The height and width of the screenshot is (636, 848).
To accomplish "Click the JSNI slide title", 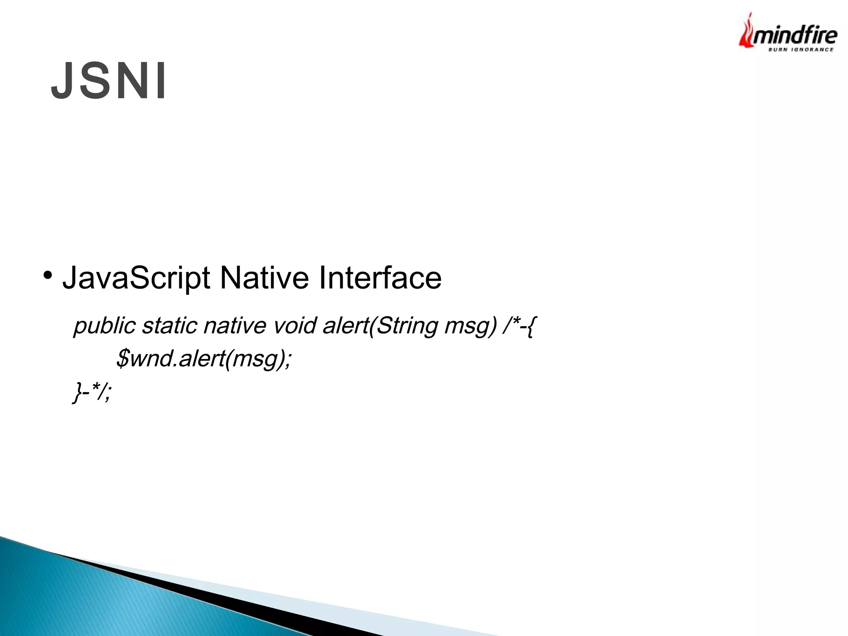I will pos(108,81).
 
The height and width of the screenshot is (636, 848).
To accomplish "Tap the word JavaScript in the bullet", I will pos(136,278).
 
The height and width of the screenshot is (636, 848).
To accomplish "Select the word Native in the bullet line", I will pos(264,278).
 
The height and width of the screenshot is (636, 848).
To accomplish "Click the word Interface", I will pos(380,278).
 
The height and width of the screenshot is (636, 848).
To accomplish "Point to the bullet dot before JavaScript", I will pos(48,275).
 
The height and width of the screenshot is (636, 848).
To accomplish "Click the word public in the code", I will pos(105,326).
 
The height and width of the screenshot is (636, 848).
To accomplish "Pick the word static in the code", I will pos(169,326).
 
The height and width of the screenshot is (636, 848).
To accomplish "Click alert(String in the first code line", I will pos(381,326).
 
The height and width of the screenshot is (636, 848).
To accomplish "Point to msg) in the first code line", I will pos(470,326).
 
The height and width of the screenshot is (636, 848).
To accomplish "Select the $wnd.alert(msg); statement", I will pos(204,359).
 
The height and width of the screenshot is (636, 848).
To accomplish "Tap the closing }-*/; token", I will pos(92,392).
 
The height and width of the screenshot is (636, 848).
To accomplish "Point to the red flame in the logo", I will pos(745,33).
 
